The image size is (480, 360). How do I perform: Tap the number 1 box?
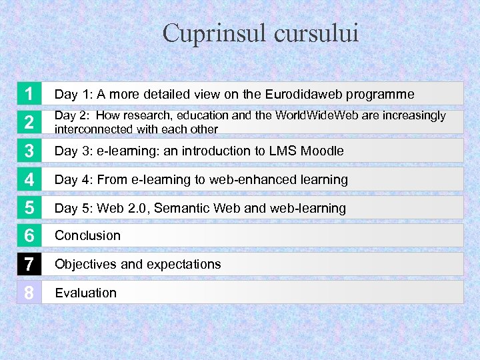click(29, 94)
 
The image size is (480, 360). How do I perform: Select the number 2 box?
click(29, 122)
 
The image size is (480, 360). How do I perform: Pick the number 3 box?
click(29, 151)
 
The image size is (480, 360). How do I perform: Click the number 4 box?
click(29, 179)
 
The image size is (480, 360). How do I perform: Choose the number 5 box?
click(29, 208)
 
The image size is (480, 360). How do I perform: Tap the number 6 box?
click(29, 236)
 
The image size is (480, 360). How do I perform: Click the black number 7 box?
click(29, 264)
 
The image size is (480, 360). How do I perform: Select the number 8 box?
click(29, 293)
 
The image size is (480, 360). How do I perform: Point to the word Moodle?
click(322, 151)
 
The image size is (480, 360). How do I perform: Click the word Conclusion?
click(87, 235)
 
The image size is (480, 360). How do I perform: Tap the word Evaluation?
click(85, 293)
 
